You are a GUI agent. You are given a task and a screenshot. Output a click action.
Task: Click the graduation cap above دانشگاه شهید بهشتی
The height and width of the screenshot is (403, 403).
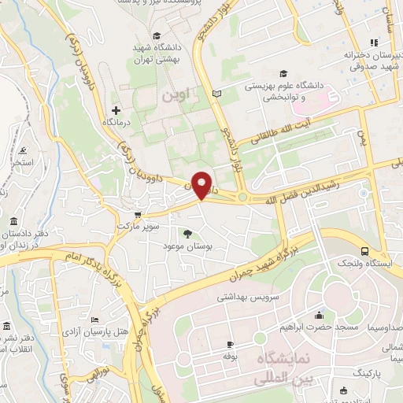coord(157,35)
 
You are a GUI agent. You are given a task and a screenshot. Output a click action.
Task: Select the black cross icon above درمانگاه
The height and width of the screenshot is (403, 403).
coord(116,110)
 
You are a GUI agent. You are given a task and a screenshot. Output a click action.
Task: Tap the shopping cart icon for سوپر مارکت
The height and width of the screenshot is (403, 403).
coord(138,213)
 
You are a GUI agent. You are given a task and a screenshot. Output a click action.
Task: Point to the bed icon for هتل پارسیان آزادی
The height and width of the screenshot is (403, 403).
coord(95,320)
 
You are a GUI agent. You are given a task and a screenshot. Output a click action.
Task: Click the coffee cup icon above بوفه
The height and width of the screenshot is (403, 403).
coord(230,345)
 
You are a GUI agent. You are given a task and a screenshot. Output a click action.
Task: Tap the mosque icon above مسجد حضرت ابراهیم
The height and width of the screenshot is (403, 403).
coord(319,316)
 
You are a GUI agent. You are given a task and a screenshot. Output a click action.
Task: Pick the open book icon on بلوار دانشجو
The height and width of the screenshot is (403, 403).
coord(218,94)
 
